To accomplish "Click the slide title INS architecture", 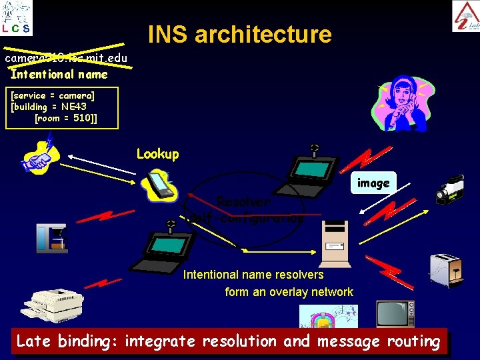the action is pos(239,34).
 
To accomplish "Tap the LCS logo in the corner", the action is pos(16,18).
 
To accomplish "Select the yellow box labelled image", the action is pos(373,183).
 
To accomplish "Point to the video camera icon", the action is pos(450,189).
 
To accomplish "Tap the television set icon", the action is pos(395,313).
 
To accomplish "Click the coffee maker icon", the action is pos(52,238).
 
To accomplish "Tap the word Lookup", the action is pos(157,154).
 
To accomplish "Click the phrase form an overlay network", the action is pos(289,292).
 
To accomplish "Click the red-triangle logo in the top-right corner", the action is pos(465,16).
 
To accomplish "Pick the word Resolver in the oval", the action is pos(244,201).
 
